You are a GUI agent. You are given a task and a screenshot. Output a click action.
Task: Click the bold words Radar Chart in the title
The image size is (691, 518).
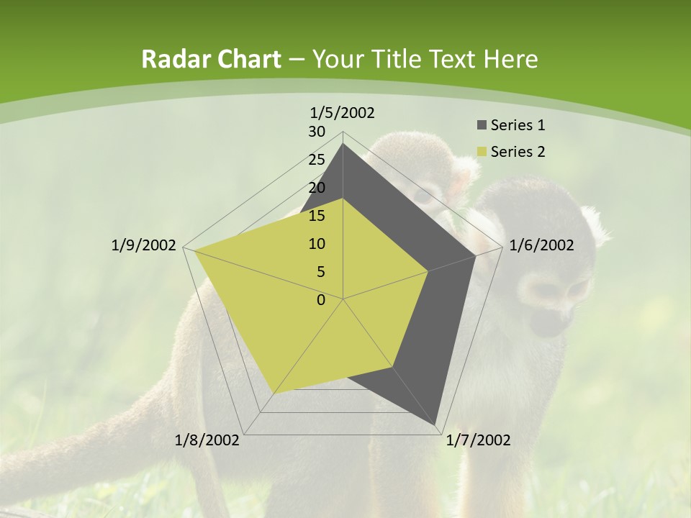211,60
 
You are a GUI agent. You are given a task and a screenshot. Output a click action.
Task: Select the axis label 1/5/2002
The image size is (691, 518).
343,113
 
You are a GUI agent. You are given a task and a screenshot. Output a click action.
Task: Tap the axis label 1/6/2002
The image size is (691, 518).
541,245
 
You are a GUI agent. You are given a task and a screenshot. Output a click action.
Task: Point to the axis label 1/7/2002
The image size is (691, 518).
478,440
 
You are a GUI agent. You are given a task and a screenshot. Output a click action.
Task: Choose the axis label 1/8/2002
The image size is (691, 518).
207,440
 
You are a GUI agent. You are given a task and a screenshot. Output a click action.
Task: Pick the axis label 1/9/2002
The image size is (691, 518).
144,245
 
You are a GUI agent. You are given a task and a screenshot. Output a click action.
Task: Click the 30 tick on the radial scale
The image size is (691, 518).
317,132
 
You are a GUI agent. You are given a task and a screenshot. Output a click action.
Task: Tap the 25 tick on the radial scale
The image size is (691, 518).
317,160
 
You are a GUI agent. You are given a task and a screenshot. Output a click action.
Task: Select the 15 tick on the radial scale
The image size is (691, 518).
317,216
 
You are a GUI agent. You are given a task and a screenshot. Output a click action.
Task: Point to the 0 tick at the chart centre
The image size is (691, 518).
321,300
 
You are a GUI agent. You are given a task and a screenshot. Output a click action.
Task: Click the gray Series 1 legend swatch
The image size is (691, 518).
482,126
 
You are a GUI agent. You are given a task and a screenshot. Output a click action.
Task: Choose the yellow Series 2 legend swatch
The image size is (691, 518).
482,152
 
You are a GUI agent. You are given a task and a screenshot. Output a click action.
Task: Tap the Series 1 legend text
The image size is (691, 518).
518,126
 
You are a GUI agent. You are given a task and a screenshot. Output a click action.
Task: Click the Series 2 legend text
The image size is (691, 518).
518,152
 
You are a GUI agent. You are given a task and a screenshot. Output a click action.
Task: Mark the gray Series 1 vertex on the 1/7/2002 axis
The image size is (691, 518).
436,426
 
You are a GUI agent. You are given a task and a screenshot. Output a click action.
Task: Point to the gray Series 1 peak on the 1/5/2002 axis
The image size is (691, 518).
343,144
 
